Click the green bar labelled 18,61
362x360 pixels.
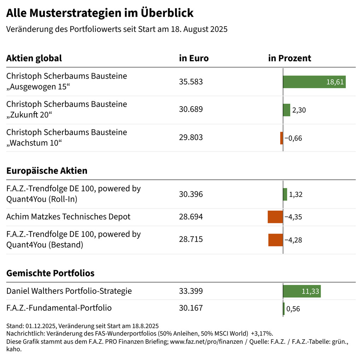314,82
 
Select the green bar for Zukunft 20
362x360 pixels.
286,110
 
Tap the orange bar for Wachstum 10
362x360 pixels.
281,138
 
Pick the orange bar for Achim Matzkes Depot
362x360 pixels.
275,217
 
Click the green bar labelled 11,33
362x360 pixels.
302,291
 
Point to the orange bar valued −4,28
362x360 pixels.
275,240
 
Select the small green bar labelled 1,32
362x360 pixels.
285,194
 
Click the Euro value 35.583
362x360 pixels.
191,82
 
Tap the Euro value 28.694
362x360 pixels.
191,217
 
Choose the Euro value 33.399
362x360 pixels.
191,291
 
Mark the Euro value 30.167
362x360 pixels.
191,308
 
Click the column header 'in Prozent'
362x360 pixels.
290,58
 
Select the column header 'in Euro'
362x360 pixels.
194,58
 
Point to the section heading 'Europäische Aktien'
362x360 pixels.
47,171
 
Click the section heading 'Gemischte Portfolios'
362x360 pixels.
50,273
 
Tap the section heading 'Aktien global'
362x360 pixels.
34,58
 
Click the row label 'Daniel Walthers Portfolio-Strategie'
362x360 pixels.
69,291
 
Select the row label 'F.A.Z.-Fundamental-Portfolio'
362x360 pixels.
59,308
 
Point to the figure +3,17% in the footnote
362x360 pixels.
261,333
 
